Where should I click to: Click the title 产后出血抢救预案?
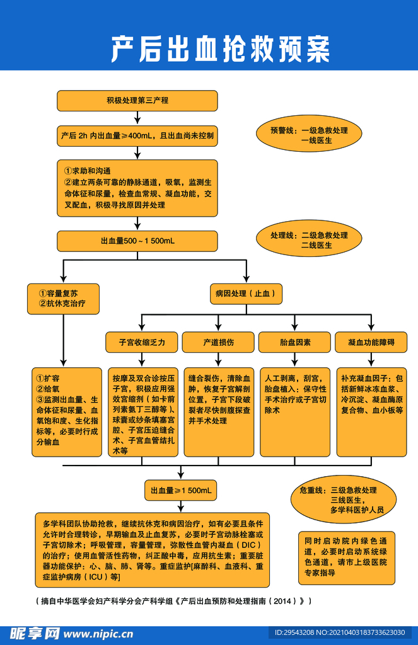point(220,49)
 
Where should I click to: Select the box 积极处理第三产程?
point(137,101)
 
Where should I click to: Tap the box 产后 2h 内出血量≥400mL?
point(137,136)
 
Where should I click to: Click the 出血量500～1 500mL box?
point(137,241)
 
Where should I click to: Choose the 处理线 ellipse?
point(309,240)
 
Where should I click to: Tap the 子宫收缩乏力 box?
point(142,342)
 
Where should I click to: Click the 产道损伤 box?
point(218,342)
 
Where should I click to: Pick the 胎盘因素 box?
point(295,342)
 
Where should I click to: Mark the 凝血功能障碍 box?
point(371,342)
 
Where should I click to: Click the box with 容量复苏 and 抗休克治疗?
point(62,299)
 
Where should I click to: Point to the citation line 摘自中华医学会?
point(172,601)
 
